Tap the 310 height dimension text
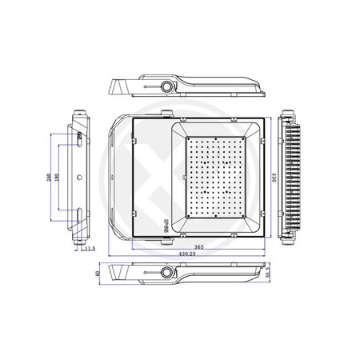pos(274,178)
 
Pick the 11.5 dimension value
pos(90,249)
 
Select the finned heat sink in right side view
pos(294,178)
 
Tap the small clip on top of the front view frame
pos(167,113)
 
